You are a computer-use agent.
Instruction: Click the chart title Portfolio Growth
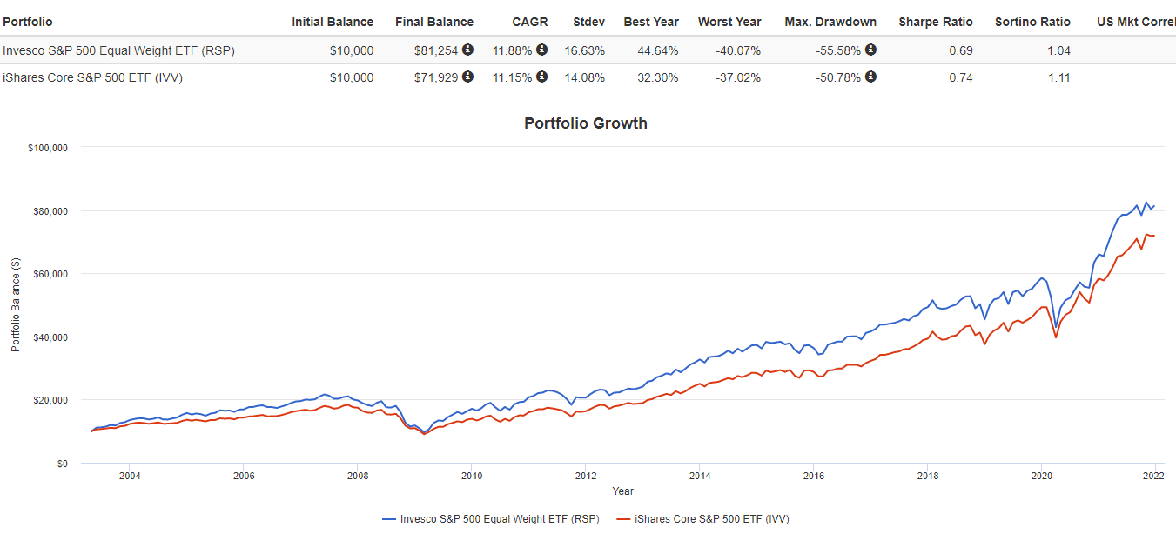click(x=585, y=123)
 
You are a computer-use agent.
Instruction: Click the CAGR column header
click(x=529, y=22)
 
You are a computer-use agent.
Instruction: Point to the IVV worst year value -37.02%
click(x=737, y=77)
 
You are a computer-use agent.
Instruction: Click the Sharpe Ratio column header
click(x=935, y=22)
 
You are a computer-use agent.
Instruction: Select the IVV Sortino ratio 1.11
click(x=1058, y=77)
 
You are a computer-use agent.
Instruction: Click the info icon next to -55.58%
click(x=870, y=50)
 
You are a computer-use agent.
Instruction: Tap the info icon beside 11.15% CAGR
click(x=541, y=77)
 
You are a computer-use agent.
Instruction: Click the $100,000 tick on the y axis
click(x=48, y=148)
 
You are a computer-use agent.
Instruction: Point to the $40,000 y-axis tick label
click(x=50, y=337)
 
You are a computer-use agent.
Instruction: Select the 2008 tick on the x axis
click(x=357, y=476)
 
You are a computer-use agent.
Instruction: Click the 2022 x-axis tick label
click(x=1153, y=476)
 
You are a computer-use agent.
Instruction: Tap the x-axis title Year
click(x=622, y=491)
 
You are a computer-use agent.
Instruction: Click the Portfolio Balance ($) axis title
click(x=16, y=305)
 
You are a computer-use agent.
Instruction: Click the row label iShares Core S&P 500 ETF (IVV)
click(x=93, y=77)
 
